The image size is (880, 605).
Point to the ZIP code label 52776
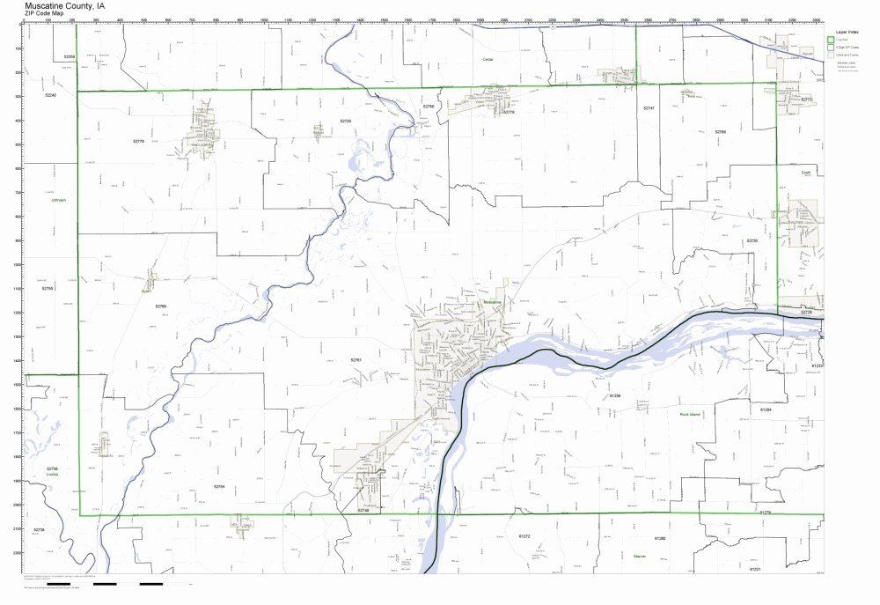coord(138,141)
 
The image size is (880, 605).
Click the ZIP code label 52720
coord(346,121)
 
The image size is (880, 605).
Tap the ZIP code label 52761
coord(356,360)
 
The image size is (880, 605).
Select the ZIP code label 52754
coord(219,486)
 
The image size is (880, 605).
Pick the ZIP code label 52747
coord(649,107)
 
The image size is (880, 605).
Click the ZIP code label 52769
coord(720,132)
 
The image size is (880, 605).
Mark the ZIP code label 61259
coord(615,396)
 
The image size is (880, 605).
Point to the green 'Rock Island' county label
coord(693,414)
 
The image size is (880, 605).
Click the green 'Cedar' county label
coord(488,59)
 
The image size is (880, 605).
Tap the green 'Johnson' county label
coord(59,200)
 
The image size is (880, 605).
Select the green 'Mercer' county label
coord(639,556)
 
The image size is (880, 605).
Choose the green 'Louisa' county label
coord(51,474)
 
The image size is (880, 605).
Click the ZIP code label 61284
coord(765,409)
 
